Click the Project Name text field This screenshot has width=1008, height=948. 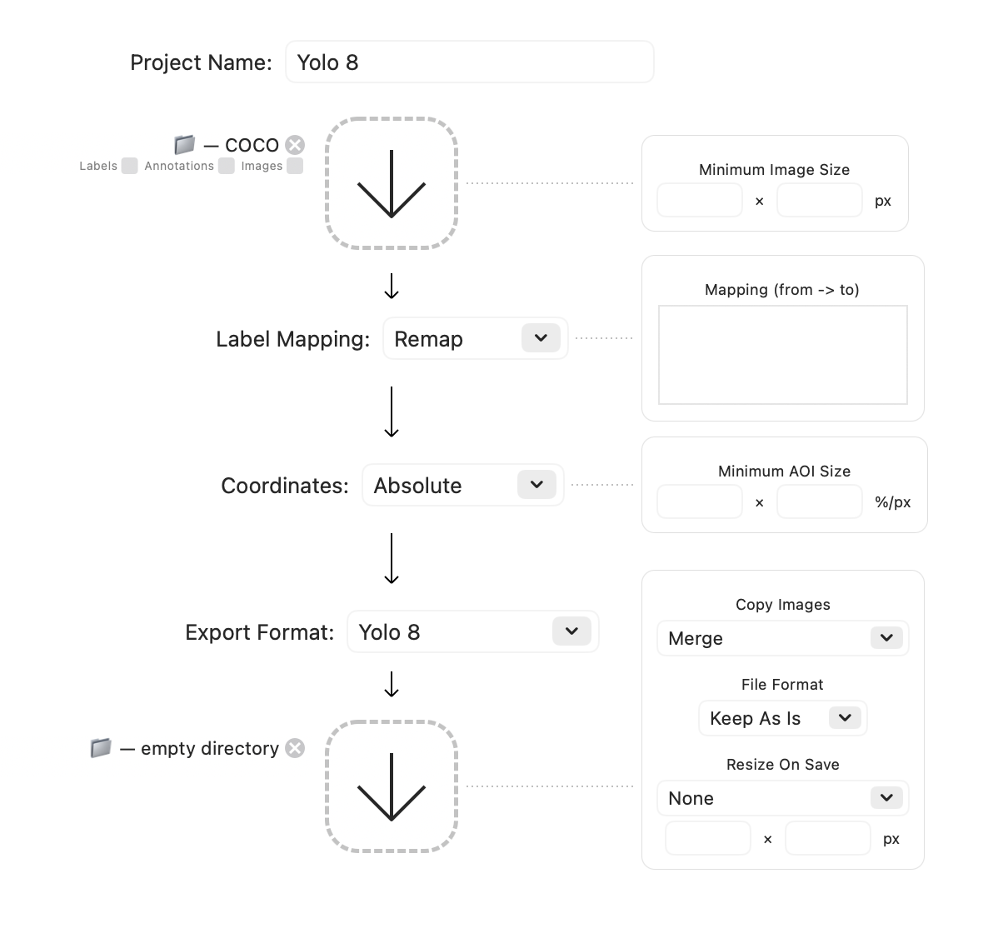pos(469,62)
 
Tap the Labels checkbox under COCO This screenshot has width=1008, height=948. pos(129,166)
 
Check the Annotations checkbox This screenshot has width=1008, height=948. pos(226,166)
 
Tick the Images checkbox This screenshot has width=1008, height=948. pos(294,166)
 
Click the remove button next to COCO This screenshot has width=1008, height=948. pos(295,145)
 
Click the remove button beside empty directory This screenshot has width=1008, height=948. pos(295,748)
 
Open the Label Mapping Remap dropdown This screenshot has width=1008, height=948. pos(475,339)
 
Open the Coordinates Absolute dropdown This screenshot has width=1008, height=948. pos(462,486)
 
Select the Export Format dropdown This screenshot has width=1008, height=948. pos(472,632)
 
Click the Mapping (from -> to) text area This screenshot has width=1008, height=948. pos(782,355)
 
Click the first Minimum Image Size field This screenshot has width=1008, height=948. pos(699,201)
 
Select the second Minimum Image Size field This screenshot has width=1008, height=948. pos(819,201)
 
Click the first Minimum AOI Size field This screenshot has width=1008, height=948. pos(699,502)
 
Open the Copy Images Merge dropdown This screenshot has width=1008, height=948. pos(782,639)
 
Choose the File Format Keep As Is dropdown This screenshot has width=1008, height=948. pos(782,719)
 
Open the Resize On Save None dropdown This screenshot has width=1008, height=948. pos(782,799)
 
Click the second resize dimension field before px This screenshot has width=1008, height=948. pos(827,839)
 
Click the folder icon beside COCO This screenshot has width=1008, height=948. pos(184,145)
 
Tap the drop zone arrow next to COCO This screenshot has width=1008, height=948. pos(392,184)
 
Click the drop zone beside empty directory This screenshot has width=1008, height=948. pos(392,786)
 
